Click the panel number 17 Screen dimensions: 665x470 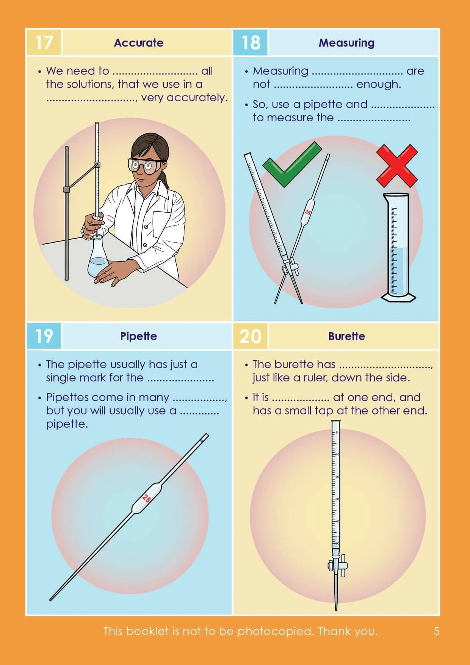(44, 42)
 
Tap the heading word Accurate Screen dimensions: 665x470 (139, 43)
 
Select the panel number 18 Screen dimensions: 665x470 (251, 42)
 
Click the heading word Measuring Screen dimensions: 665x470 (346, 43)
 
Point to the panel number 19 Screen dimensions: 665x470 (44, 336)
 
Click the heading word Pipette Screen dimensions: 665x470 (139, 336)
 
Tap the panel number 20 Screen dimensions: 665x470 (251, 336)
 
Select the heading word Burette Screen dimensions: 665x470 (346, 336)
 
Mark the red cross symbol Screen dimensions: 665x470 (397, 165)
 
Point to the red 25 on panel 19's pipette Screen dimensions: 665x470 (146, 498)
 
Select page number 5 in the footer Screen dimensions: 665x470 (436, 631)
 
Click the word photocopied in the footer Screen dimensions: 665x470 (275, 631)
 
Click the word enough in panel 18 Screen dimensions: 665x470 (378, 84)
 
